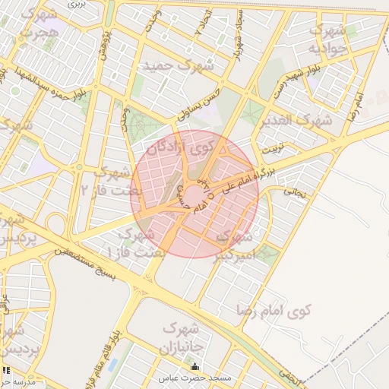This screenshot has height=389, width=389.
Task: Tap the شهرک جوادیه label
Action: pyautogui.click(x=328, y=40)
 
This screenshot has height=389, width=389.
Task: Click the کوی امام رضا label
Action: pyautogui.click(x=280, y=311)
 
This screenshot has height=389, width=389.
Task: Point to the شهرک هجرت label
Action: pyautogui.click(x=38, y=24)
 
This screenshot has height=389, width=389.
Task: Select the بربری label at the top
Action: pyautogui.click(x=76, y=4)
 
